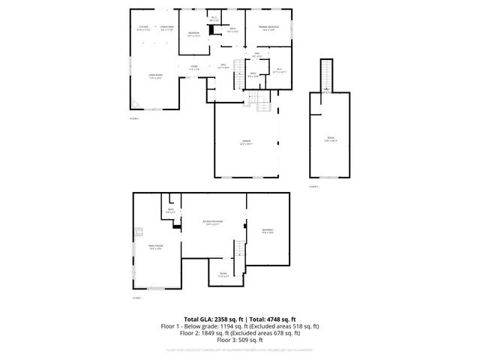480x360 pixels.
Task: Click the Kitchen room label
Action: [x=143, y=29]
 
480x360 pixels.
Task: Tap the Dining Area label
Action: [x=167, y=29]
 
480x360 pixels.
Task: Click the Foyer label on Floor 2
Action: [x=193, y=68]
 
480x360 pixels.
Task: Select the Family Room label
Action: [x=155, y=247]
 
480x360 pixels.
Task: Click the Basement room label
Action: [x=268, y=231]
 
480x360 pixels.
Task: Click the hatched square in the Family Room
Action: [x=137, y=232]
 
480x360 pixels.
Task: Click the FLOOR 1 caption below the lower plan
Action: [x=137, y=298]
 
